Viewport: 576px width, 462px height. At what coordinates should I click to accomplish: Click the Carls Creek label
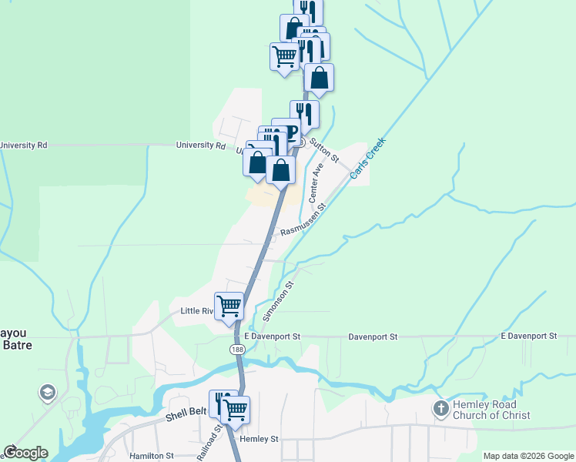point(368,159)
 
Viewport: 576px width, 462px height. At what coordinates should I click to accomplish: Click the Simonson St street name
point(278,301)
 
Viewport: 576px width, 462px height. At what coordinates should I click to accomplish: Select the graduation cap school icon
point(47,393)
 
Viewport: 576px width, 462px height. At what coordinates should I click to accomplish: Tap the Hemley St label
point(258,439)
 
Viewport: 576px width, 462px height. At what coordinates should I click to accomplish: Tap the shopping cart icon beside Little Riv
point(229,306)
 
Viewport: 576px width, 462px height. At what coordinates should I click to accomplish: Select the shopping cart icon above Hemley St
point(235,409)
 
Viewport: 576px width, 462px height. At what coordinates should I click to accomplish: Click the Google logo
point(25,453)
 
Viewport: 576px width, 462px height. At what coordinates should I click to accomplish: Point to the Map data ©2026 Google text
point(528,456)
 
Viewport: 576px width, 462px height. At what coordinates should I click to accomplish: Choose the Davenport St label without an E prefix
point(372,336)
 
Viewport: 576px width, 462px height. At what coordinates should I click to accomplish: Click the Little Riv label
point(196,311)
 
